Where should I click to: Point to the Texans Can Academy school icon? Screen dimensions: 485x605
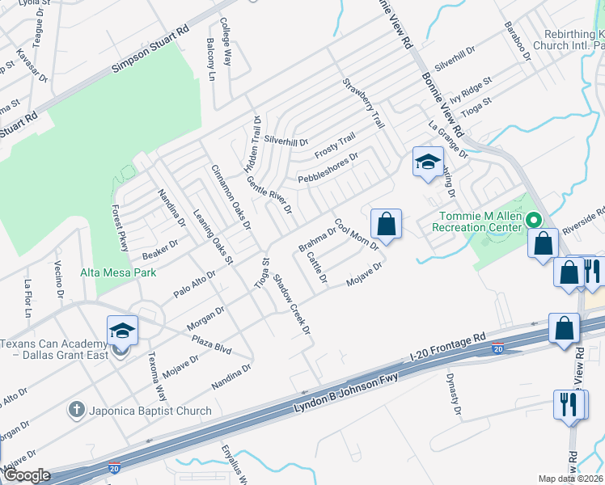[x=122, y=331]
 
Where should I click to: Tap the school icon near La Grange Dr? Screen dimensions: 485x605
[x=428, y=162]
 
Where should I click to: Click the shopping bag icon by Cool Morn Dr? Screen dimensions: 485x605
[x=387, y=224]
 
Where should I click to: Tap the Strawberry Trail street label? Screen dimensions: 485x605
[x=362, y=103]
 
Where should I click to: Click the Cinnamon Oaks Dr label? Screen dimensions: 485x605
[x=231, y=196]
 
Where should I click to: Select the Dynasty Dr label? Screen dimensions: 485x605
[x=453, y=396]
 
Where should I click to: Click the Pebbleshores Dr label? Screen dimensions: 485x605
[x=328, y=166]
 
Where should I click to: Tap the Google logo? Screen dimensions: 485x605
[x=26, y=476]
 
